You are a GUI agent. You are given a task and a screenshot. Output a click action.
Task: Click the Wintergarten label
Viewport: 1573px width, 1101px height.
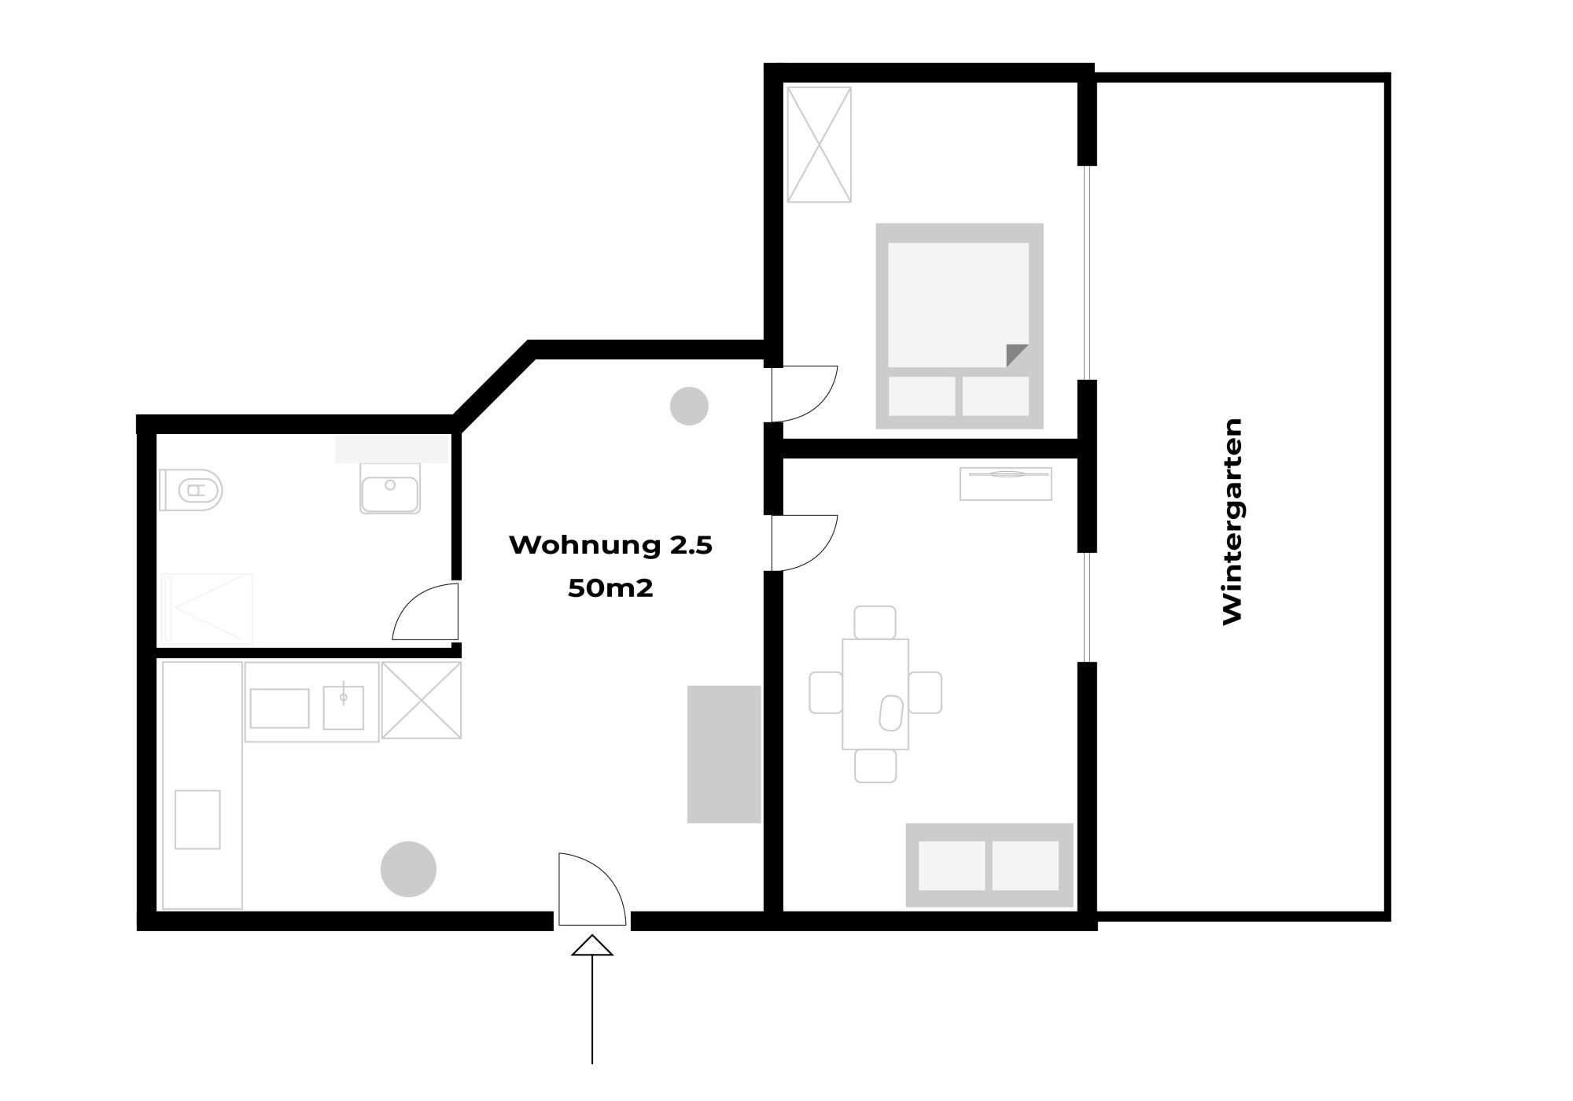1232,521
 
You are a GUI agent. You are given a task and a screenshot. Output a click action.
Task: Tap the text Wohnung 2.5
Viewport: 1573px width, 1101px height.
610,545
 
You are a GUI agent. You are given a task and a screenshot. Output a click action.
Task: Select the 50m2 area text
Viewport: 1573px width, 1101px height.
610,588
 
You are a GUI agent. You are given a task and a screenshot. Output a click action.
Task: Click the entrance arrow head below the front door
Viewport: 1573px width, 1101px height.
591,946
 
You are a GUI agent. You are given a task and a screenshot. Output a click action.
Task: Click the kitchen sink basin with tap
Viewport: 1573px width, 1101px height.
344,707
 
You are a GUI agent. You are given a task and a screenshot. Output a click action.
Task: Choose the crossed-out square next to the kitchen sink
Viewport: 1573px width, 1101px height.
422,700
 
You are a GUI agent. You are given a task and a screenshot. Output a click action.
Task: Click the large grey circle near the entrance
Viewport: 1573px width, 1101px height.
408,869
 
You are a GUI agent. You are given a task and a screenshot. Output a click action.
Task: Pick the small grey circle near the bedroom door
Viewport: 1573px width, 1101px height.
689,406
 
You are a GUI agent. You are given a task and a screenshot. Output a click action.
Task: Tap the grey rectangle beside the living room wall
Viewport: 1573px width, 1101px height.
724,753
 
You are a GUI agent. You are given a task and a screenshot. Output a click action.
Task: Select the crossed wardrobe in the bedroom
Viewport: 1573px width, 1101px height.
819,145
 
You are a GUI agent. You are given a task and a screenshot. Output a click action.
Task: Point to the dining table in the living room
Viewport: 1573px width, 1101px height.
875,694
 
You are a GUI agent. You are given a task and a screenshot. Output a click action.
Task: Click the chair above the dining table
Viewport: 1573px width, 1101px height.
875,622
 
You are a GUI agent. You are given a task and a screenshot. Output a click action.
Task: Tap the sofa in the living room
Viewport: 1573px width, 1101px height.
989,865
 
